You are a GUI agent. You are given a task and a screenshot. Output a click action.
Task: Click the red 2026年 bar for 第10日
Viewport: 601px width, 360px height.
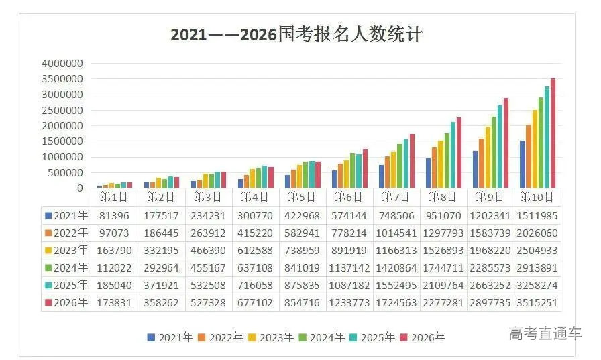(x=553, y=133)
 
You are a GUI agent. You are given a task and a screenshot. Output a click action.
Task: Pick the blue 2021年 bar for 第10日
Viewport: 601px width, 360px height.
(x=523, y=164)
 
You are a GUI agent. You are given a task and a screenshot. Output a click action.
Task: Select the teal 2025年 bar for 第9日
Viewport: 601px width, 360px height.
(x=500, y=146)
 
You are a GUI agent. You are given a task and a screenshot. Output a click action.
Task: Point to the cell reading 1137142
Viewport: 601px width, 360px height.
(x=349, y=267)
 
